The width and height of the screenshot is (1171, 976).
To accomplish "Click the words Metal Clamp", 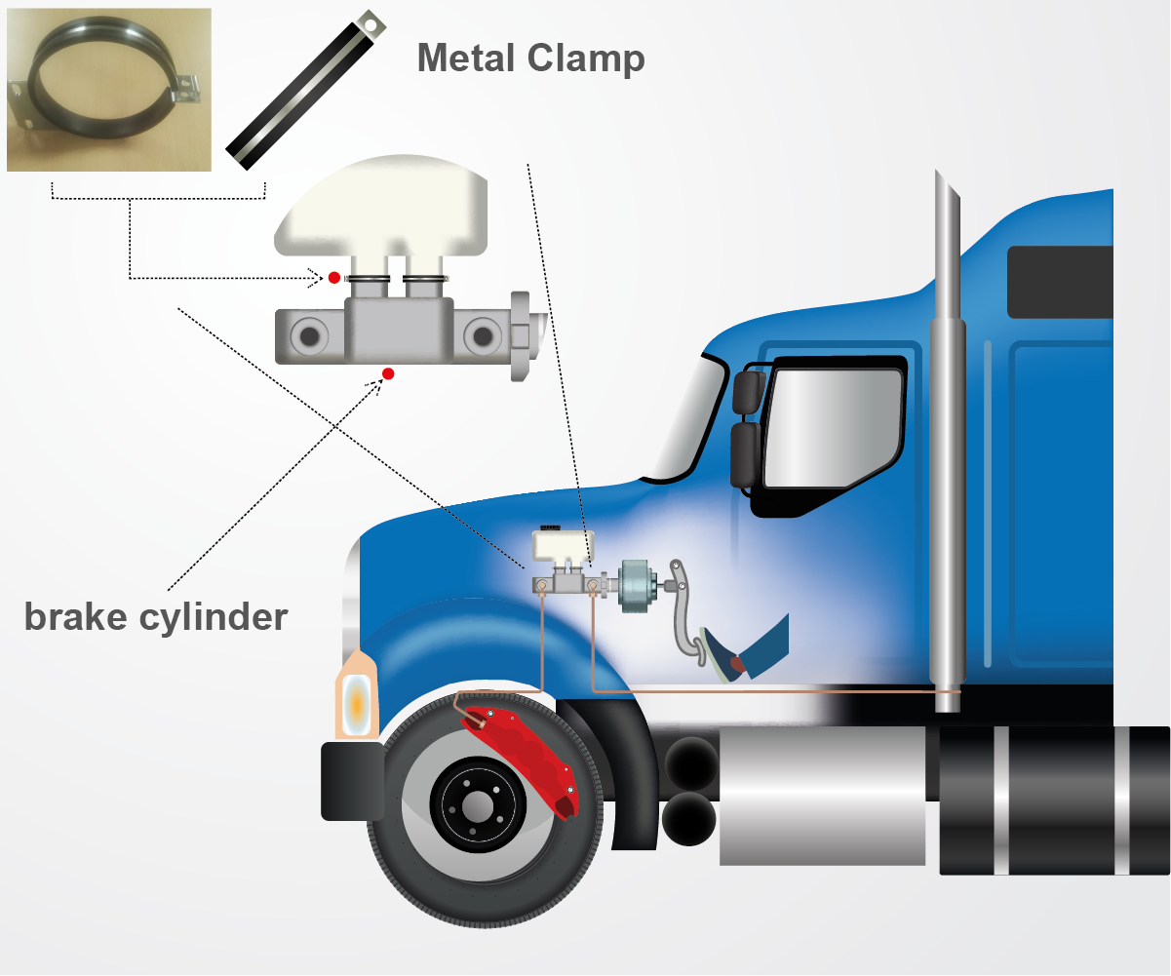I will coord(530,58).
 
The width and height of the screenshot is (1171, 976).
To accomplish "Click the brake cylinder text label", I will coord(156,616).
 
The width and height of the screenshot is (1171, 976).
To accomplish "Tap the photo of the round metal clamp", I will coord(108,90).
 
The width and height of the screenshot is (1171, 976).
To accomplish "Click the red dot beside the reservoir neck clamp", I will coord(333,278).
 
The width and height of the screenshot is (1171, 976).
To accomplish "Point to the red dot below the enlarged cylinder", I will coord(388,373).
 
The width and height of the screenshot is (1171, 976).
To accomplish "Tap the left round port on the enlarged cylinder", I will coord(310,336).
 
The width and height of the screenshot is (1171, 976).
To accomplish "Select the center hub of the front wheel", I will coord(477,805).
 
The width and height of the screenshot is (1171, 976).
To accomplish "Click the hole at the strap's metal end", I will coord(370,19).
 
